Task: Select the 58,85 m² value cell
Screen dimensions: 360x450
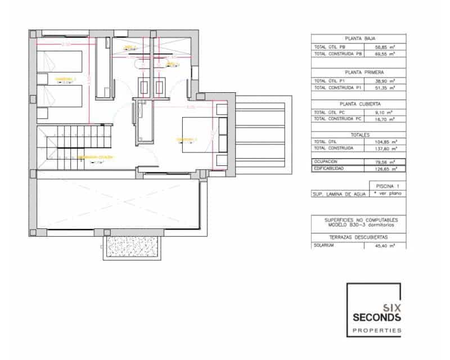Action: pyautogui.click(x=385, y=46)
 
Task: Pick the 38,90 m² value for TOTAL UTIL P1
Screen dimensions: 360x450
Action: pyautogui.click(x=385, y=81)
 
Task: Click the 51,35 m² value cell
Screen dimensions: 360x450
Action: pyautogui.click(x=385, y=88)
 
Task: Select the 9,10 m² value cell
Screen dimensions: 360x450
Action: pyautogui.click(x=385, y=112)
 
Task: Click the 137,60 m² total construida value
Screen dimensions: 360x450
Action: pyautogui.click(x=385, y=148)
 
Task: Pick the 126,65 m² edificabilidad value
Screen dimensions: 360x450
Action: pyautogui.click(x=385, y=168)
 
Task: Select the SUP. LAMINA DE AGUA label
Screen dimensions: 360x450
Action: pyautogui.click(x=339, y=193)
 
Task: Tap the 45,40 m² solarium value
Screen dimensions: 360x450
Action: pyautogui.click(x=385, y=245)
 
